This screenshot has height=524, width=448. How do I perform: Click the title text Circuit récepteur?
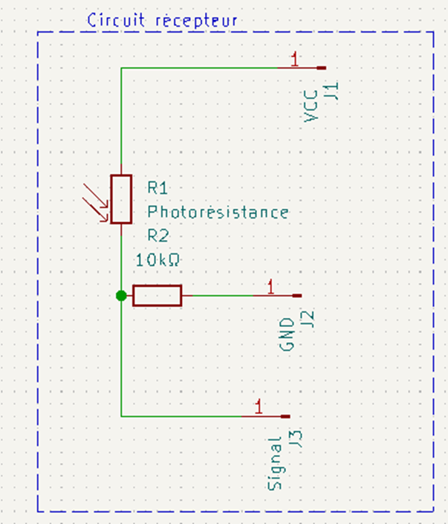tap(163, 20)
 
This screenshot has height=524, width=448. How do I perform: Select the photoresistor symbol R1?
tap(121, 199)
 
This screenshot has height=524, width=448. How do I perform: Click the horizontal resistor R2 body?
tap(157, 296)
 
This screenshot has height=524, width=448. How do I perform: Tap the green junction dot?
tap(121, 296)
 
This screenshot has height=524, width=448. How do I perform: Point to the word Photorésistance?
tap(218, 212)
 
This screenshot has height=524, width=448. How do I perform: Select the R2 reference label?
tap(158, 236)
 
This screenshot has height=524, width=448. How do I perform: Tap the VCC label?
tap(313, 107)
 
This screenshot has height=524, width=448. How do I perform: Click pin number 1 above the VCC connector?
tap(295, 60)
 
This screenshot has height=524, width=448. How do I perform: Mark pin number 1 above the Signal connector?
tap(259, 407)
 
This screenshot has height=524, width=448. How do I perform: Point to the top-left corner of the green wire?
tap(121, 68)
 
